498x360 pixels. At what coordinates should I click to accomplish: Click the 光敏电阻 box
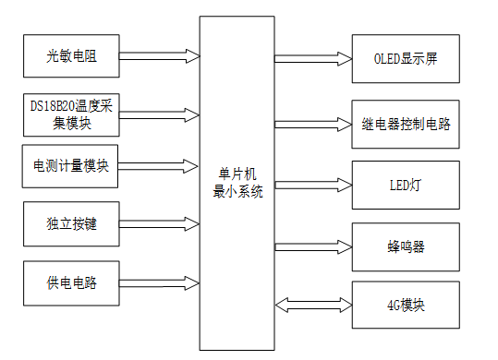click(x=71, y=57)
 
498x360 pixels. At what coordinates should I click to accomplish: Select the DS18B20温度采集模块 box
click(x=71, y=115)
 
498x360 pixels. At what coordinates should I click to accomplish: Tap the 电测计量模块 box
click(x=71, y=166)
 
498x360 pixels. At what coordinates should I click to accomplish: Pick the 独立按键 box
click(x=71, y=223)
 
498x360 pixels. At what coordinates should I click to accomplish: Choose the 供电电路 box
click(x=71, y=282)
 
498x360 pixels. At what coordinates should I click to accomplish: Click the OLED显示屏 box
click(x=406, y=58)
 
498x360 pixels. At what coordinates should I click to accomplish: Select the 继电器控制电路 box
click(x=406, y=124)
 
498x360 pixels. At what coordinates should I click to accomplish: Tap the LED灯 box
click(x=406, y=185)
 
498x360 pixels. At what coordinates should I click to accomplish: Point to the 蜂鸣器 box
click(x=406, y=246)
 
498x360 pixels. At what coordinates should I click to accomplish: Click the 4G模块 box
click(x=406, y=304)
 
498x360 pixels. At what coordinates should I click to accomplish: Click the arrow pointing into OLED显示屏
click(x=313, y=58)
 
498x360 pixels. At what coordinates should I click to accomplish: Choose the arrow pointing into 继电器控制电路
click(x=313, y=124)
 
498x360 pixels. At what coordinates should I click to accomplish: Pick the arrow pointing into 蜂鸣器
click(x=313, y=246)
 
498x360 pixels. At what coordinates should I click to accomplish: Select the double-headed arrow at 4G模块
click(x=313, y=304)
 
